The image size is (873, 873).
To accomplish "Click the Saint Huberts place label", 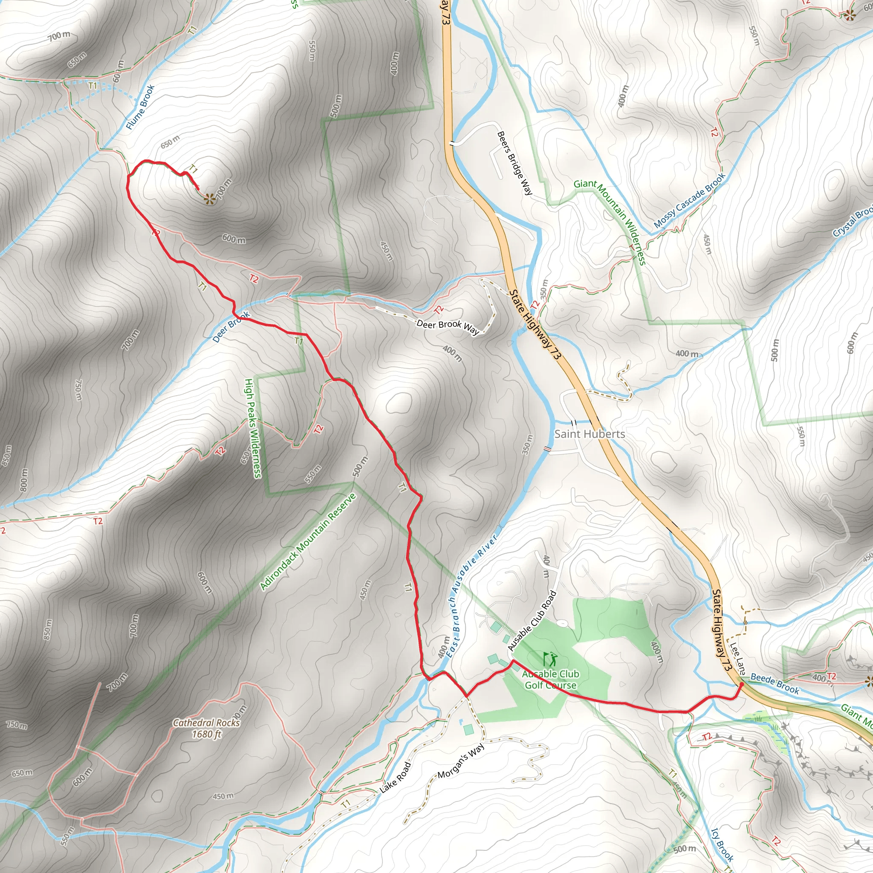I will click(x=589, y=434).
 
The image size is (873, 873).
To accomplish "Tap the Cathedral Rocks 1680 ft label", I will click(x=206, y=728).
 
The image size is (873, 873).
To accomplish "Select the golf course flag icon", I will click(x=550, y=659).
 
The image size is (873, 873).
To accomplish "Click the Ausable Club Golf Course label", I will click(x=550, y=679).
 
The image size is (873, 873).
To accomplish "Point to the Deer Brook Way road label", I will click(x=447, y=327).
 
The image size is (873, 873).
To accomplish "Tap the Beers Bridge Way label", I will click(x=515, y=163).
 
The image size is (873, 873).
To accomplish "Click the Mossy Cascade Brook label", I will click(x=689, y=200).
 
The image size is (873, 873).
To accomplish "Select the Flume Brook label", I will click(x=140, y=107).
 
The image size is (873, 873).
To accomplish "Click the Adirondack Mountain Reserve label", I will click(x=308, y=542).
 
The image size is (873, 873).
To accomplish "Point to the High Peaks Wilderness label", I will click(x=253, y=428).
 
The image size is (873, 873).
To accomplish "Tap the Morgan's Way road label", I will click(x=461, y=760).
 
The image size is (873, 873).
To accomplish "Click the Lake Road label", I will click(x=396, y=777).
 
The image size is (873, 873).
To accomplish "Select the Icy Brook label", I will click(x=722, y=844).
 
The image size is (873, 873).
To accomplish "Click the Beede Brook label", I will click(x=775, y=683).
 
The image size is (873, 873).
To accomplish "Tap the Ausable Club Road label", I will click(x=532, y=621).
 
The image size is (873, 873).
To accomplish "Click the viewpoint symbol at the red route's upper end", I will click(x=209, y=198).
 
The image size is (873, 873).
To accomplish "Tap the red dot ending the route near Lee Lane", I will click(x=741, y=685).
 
